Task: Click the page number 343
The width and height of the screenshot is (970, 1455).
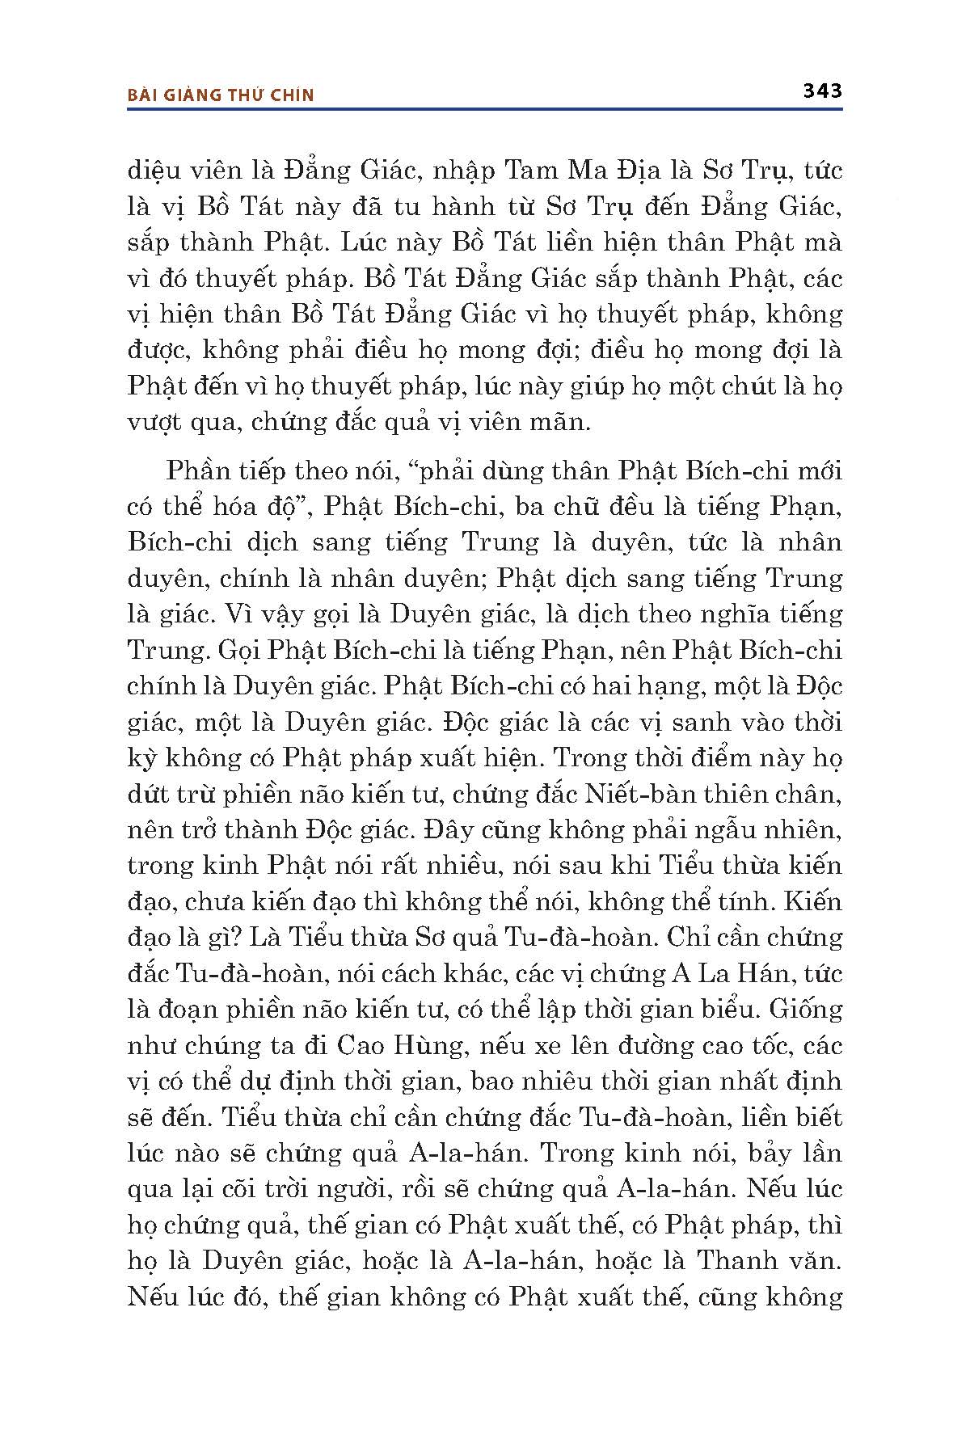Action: tap(822, 91)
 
